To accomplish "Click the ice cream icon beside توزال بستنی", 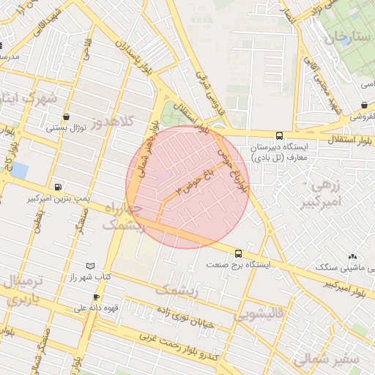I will pos(67,116).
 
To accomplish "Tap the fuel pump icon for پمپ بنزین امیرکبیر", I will pos(58,187).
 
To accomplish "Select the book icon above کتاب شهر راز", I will pos(90,265).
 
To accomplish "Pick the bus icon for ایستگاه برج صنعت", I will pos(237,253).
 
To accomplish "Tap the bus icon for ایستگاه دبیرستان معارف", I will pos(279,135).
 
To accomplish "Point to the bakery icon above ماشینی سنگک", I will pos(353,256).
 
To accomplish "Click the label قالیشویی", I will pos(256,315).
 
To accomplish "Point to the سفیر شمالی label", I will pos(326,360).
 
